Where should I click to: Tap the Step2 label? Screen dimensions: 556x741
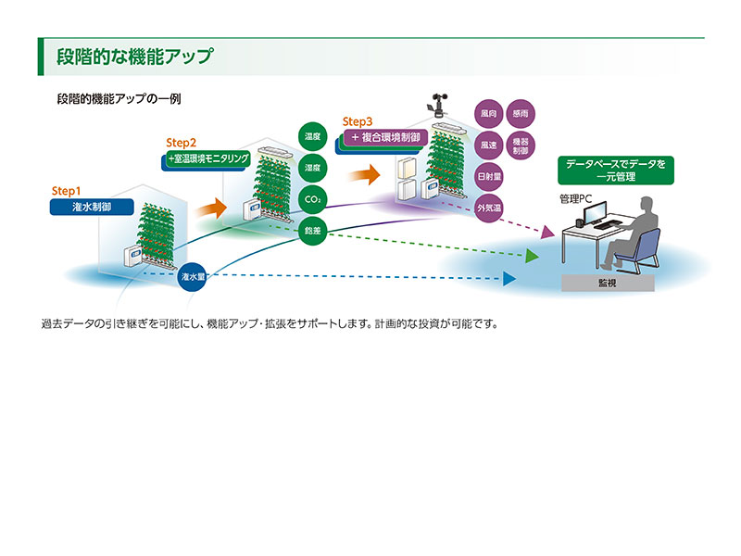point(182,143)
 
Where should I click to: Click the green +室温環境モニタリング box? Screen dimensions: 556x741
point(207,159)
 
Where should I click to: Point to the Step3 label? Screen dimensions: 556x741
point(358,121)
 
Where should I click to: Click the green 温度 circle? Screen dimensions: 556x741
point(312,136)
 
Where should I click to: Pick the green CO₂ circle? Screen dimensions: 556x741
point(312,200)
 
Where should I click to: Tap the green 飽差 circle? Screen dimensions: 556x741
point(312,232)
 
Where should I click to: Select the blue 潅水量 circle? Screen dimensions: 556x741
point(193,276)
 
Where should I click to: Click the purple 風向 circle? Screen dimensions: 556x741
point(488,115)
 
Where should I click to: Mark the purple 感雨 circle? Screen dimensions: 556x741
point(521,115)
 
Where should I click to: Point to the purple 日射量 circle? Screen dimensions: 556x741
point(488,177)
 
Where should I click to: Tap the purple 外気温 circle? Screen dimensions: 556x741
point(488,208)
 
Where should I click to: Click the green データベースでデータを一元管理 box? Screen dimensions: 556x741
point(615,169)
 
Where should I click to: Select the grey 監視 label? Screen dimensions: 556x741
point(608,283)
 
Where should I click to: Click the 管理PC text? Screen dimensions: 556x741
point(575,199)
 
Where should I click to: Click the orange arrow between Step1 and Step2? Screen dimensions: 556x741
point(212,208)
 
